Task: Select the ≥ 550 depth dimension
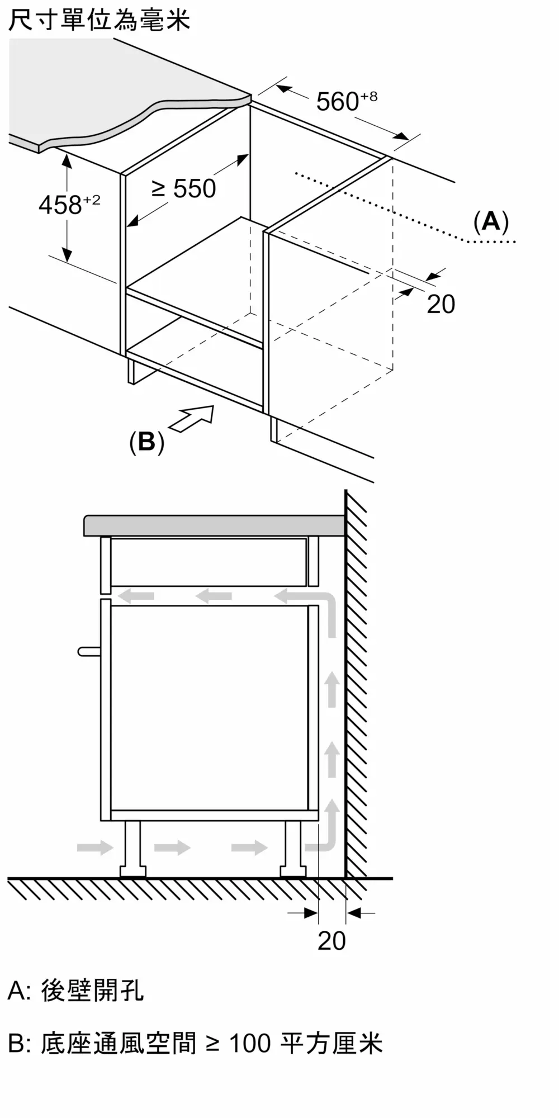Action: point(184,189)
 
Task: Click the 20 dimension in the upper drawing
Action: point(440,304)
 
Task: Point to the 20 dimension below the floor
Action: point(331,940)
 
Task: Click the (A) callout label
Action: point(491,221)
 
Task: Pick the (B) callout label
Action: point(146,442)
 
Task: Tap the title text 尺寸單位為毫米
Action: point(100,20)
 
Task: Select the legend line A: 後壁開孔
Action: point(76,991)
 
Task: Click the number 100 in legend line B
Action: point(250,1044)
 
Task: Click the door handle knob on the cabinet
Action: point(88,651)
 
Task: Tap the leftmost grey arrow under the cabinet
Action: point(95,847)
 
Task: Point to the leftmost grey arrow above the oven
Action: point(137,596)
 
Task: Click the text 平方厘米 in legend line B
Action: point(331,1044)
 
